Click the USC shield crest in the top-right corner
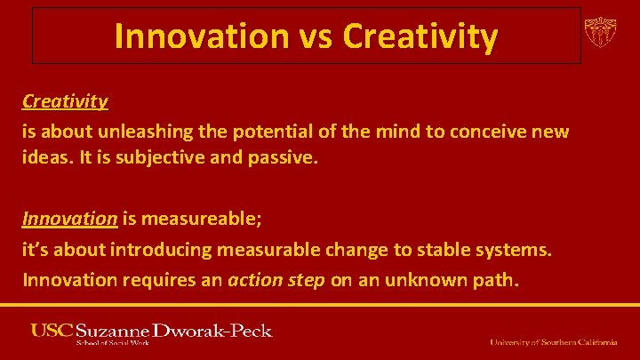tap(600, 33)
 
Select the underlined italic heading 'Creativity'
tap(65, 100)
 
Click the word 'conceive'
tap(489, 132)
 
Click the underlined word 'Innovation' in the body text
tap(70, 218)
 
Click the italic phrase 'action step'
tap(276, 281)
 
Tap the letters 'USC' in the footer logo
tap(51, 330)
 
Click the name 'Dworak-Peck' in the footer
tap(212, 330)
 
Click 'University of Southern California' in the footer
tap(552, 341)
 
